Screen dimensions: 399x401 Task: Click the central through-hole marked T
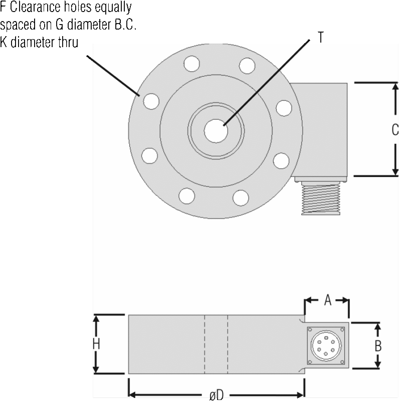pyautogui.click(x=216, y=131)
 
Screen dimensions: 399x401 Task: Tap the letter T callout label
pyautogui.click(x=321, y=37)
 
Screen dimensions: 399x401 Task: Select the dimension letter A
pyautogui.click(x=328, y=300)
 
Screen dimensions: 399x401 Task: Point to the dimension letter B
pyautogui.click(x=378, y=346)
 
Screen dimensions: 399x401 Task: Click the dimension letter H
pyautogui.click(x=96, y=344)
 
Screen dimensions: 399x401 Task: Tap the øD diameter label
pyautogui.click(x=217, y=395)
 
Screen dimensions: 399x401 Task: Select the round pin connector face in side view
pyautogui.click(x=326, y=345)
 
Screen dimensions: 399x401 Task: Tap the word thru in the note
pyautogui.click(x=68, y=42)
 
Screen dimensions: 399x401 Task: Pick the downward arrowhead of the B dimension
pyautogui.click(x=378, y=364)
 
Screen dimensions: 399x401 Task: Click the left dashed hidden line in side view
pyautogui.click(x=205, y=344)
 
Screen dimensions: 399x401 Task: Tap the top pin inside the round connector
pyautogui.click(x=326, y=337)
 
